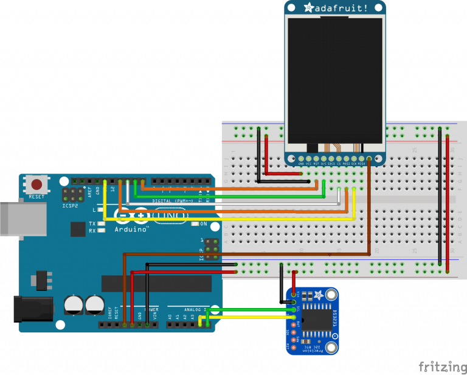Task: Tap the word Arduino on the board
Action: point(131,230)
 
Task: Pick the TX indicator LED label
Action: point(92,223)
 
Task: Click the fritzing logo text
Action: point(442,366)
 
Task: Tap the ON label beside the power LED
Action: point(204,223)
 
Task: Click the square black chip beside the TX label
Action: point(78,230)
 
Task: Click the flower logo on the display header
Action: point(308,8)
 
